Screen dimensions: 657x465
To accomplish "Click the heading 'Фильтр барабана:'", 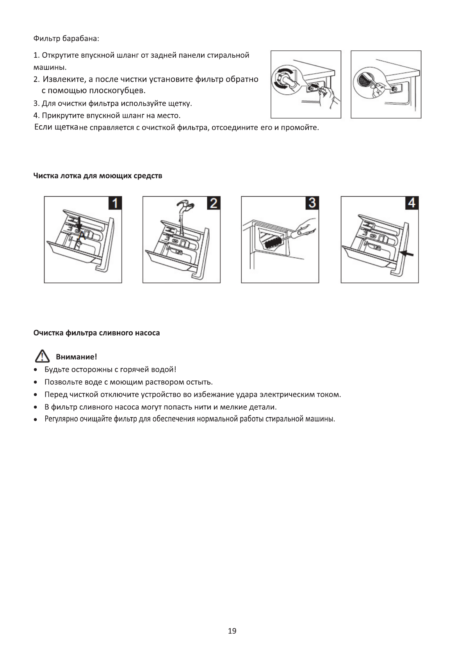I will pos(66,39).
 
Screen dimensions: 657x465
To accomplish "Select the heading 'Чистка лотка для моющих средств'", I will pos(98,176).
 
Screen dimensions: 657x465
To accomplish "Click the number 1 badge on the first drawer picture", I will pos(115,203).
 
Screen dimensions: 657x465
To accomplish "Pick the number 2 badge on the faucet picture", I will pos(214,203).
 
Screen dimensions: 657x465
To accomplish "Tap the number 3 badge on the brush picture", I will pos(312,203).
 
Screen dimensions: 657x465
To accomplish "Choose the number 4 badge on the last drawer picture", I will pos(412,203).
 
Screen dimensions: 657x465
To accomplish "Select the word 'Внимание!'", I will pos(76,357).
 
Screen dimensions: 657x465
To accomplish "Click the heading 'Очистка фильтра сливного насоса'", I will pos(96,333).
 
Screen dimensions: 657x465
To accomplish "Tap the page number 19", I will pos(232,631).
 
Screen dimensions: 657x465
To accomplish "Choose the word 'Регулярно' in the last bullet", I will pos(61,419).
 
